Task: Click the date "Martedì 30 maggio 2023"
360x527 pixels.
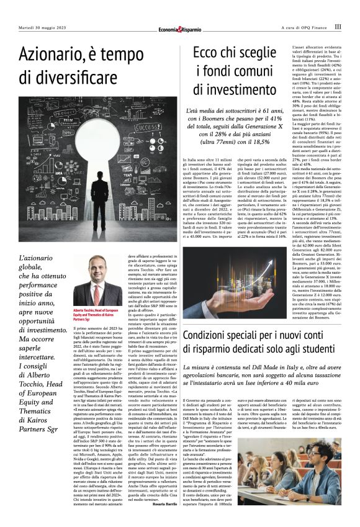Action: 41,27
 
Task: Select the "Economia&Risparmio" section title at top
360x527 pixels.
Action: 180,27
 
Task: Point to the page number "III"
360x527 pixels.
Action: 338,27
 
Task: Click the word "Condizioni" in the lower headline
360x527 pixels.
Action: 214,336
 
